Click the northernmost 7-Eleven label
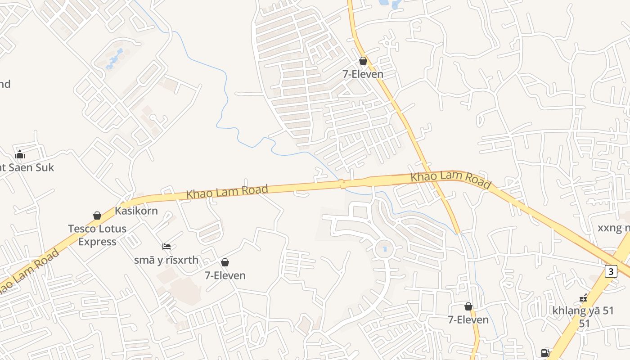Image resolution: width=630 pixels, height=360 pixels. click(363, 74)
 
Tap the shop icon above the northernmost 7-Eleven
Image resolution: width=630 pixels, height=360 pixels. click(363, 61)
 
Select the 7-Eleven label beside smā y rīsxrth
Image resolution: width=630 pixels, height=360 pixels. click(225, 275)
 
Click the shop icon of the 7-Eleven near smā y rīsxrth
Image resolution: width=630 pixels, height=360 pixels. click(225, 262)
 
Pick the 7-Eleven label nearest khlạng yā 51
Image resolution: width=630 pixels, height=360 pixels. click(468, 319)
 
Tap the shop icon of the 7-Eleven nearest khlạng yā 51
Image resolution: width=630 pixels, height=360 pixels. click(468, 306)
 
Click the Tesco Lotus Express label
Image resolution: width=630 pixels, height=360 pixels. click(97, 235)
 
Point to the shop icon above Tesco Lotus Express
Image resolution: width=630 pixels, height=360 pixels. click(97, 216)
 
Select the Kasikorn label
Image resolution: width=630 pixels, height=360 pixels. click(136, 211)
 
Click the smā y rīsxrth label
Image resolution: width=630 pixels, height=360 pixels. click(166, 260)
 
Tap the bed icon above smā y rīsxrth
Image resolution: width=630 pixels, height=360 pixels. click(166, 247)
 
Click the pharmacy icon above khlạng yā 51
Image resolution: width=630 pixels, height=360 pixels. click(583, 297)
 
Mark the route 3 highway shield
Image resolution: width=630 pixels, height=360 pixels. click(611, 271)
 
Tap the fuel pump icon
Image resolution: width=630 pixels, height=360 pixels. click(545, 353)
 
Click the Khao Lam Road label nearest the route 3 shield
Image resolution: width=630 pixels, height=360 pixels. click(450, 180)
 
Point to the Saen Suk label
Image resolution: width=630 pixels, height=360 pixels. click(27, 167)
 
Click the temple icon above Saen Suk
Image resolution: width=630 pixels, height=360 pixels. click(20, 155)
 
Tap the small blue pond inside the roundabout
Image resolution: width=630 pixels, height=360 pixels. click(384, 249)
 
